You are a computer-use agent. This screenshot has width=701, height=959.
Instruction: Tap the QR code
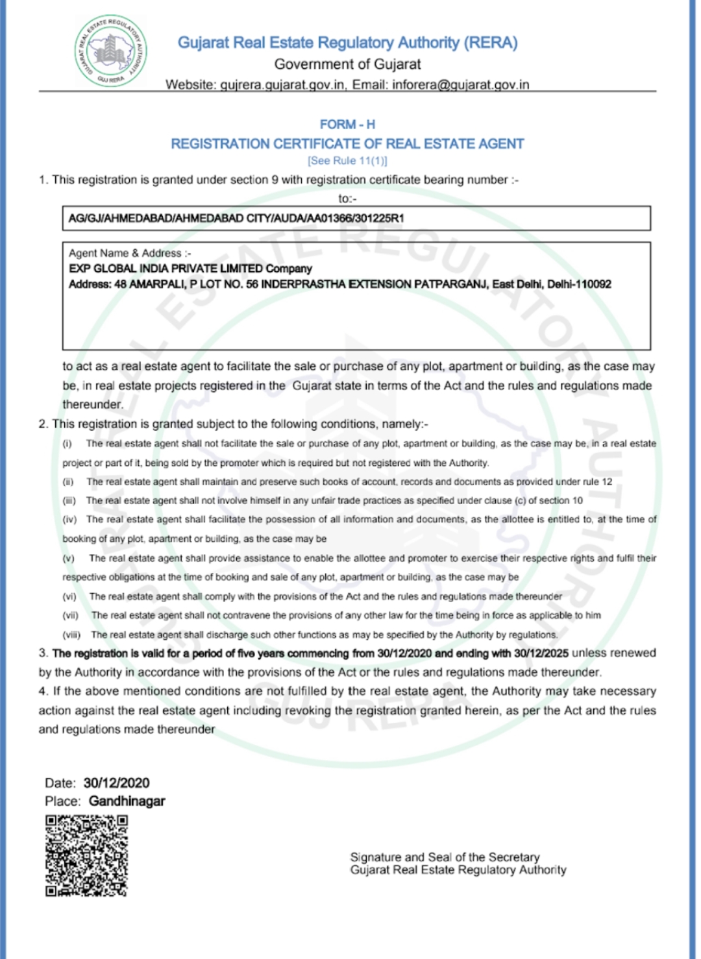tap(86, 856)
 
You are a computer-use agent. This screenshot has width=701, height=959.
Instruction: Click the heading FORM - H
tap(347, 124)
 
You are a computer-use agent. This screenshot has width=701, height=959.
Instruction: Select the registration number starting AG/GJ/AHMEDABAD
tap(236, 219)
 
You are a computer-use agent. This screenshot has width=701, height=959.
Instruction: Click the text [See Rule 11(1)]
tap(347, 161)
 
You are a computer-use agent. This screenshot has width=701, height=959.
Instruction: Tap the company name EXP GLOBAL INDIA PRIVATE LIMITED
tap(166, 269)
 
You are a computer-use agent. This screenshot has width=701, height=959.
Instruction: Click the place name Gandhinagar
tap(127, 801)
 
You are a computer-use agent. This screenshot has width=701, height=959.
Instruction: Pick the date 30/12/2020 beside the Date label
tap(117, 783)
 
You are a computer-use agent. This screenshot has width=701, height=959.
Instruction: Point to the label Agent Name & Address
tap(130, 253)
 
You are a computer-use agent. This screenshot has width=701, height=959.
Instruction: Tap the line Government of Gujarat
tap(347, 64)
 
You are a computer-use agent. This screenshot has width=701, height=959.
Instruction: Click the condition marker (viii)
tap(71, 635)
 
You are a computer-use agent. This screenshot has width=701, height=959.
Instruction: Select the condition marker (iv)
tap(69, 520)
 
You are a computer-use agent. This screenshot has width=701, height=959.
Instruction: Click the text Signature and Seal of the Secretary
tap(445, 857)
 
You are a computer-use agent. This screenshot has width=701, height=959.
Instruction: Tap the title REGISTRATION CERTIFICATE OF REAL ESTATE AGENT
tap(347, 143)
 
